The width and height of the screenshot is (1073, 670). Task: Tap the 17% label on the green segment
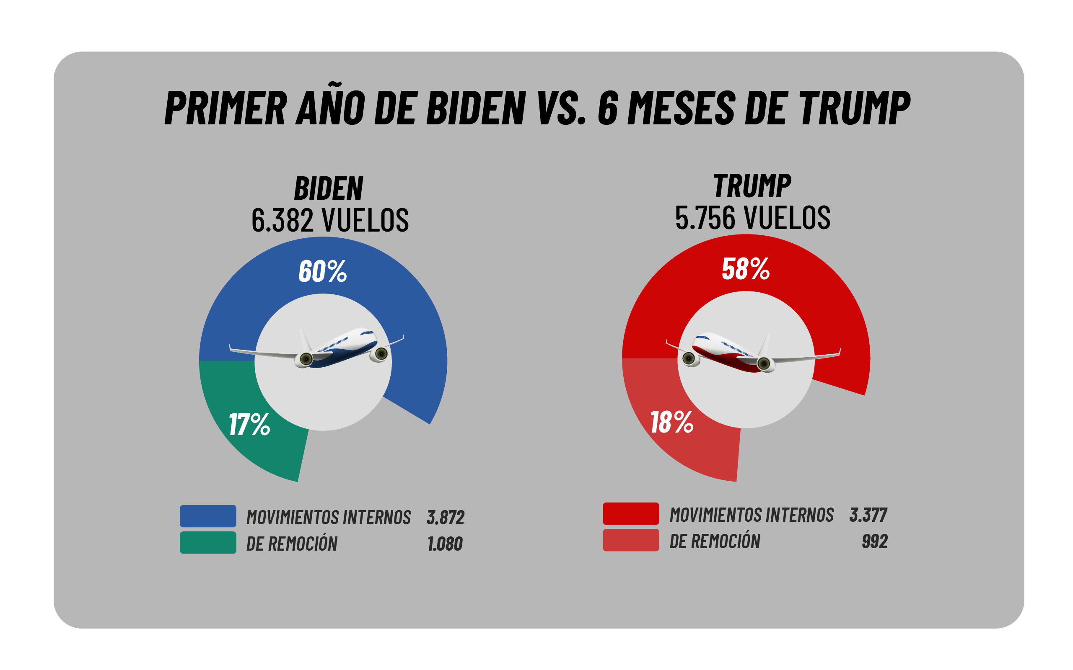[x=249, y=424]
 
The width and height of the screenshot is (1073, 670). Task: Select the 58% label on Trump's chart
[x=746, y=268]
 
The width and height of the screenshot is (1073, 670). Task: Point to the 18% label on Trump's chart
[x=672, y=422]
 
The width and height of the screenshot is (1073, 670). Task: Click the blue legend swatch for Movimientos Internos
[x=207, y=516]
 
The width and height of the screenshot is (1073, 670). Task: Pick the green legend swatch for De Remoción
[x=207, y=542]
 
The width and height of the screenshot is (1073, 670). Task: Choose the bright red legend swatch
[x=630, y=513]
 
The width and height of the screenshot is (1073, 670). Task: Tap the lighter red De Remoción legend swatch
[x=630, y=540]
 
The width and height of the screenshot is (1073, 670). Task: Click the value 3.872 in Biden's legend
[x=445, y=518]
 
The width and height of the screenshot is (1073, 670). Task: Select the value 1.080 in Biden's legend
[x=445, y=544]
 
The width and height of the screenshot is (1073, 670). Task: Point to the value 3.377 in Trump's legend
[x=868, y=515]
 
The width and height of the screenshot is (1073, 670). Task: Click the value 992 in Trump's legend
[x=874, y=541]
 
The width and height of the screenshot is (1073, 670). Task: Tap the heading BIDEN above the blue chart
[x=329, y=189]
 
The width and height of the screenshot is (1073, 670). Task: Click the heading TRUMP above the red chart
[x=752, y=186]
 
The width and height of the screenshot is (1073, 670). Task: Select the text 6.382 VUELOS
[x=330, y=220]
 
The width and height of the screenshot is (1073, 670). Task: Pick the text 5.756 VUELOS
[x=752, y=218]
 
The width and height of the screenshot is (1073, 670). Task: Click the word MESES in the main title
[x=682, y=108]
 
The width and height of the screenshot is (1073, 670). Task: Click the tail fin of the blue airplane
[x=305, y=340]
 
